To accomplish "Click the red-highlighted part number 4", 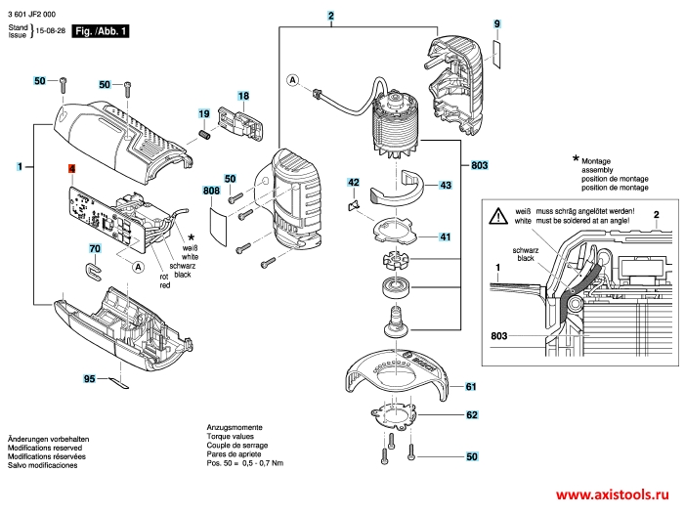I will tap(71, 169).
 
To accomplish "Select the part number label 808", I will tap(211, 191).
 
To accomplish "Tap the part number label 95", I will tap(89, 378).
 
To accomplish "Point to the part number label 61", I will tap(471, 387).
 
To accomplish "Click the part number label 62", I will tap(471, 415).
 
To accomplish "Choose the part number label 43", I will tap(445, 184).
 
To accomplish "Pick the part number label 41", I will tap(445, 237).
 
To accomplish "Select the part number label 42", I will tap(355, 183).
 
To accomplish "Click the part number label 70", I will tap(95, 249).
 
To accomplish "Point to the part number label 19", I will tap(204, 115).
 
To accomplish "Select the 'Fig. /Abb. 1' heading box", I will tap(101, 31).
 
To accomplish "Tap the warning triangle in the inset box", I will tap(499, 213).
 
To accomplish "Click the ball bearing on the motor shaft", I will tap(397, 287).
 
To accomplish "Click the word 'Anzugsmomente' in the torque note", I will tap(235, 428).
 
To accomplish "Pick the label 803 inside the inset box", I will tap(500, 336).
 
